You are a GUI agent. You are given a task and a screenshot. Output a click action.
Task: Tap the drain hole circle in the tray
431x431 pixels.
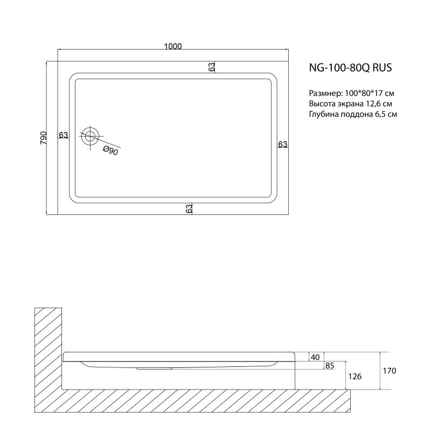point(89,136)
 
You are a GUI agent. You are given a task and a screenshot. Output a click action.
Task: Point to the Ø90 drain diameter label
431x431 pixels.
point(110,151)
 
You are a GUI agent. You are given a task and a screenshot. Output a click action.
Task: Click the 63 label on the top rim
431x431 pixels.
point(212,67)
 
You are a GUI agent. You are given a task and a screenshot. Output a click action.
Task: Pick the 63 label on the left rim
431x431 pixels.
point(64,135)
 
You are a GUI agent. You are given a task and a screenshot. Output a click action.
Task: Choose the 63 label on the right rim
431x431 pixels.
point(283,144)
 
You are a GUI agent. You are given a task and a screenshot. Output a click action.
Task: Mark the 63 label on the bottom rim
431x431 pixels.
point(189,209)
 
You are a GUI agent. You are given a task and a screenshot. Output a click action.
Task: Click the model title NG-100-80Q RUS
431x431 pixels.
point(350,68)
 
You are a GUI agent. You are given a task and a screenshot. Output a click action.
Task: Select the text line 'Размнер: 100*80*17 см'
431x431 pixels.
point(352,93)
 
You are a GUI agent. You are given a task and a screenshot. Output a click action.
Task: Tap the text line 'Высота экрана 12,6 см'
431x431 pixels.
point(350,103)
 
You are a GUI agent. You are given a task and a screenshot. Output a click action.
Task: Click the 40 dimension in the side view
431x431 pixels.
point(316,357)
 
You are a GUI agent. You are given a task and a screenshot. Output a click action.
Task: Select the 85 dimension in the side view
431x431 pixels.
point(329,366)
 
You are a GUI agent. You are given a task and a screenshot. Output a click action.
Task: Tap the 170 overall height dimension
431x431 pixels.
point(390,371)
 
